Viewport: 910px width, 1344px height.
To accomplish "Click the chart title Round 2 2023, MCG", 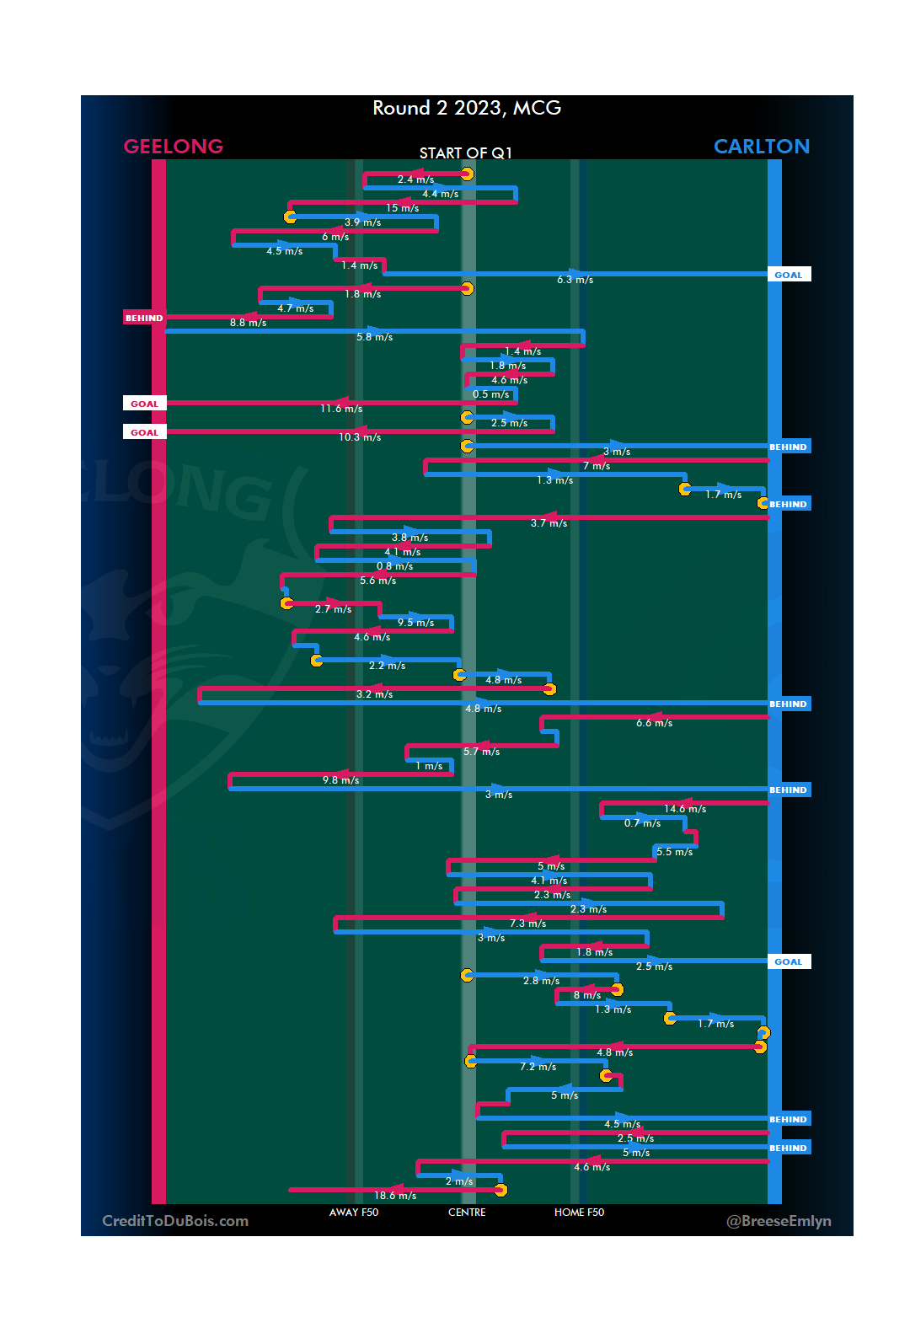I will pos(467,109).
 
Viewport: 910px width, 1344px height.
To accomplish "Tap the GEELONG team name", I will pos(174,147).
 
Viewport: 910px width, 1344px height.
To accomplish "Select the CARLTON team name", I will pos(762,147).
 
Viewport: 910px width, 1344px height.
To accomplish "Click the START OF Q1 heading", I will pos(466,153).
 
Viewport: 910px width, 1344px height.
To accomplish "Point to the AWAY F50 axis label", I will pos(354,1213).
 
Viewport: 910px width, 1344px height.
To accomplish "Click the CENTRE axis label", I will pos(467,1213).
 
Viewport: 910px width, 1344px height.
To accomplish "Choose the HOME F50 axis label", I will pos(579,1213).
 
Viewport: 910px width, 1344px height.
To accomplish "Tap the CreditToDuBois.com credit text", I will pos(175,1221).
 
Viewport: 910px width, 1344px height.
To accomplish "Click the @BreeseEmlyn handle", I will pos(779,1221).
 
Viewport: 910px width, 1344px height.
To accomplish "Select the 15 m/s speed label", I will pos(403,208).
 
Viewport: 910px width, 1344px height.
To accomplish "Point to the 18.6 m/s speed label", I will pos(395,1196).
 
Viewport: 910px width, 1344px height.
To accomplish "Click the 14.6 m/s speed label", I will pos(685,809).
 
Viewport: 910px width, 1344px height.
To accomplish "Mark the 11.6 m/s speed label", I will pos(341,409).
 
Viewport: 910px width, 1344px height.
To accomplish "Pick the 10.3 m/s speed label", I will pos(360,437).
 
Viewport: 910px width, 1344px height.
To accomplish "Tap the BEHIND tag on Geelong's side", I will pos(144,319).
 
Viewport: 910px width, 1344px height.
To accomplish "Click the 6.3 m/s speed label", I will pos(575,280).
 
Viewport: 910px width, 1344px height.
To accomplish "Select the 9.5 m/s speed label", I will pos(416,623).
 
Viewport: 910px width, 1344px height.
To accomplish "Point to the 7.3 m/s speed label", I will pos(527,924).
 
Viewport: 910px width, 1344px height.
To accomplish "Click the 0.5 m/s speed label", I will pos(490,394).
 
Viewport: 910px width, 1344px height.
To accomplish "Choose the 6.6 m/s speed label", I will pos(654,723).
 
